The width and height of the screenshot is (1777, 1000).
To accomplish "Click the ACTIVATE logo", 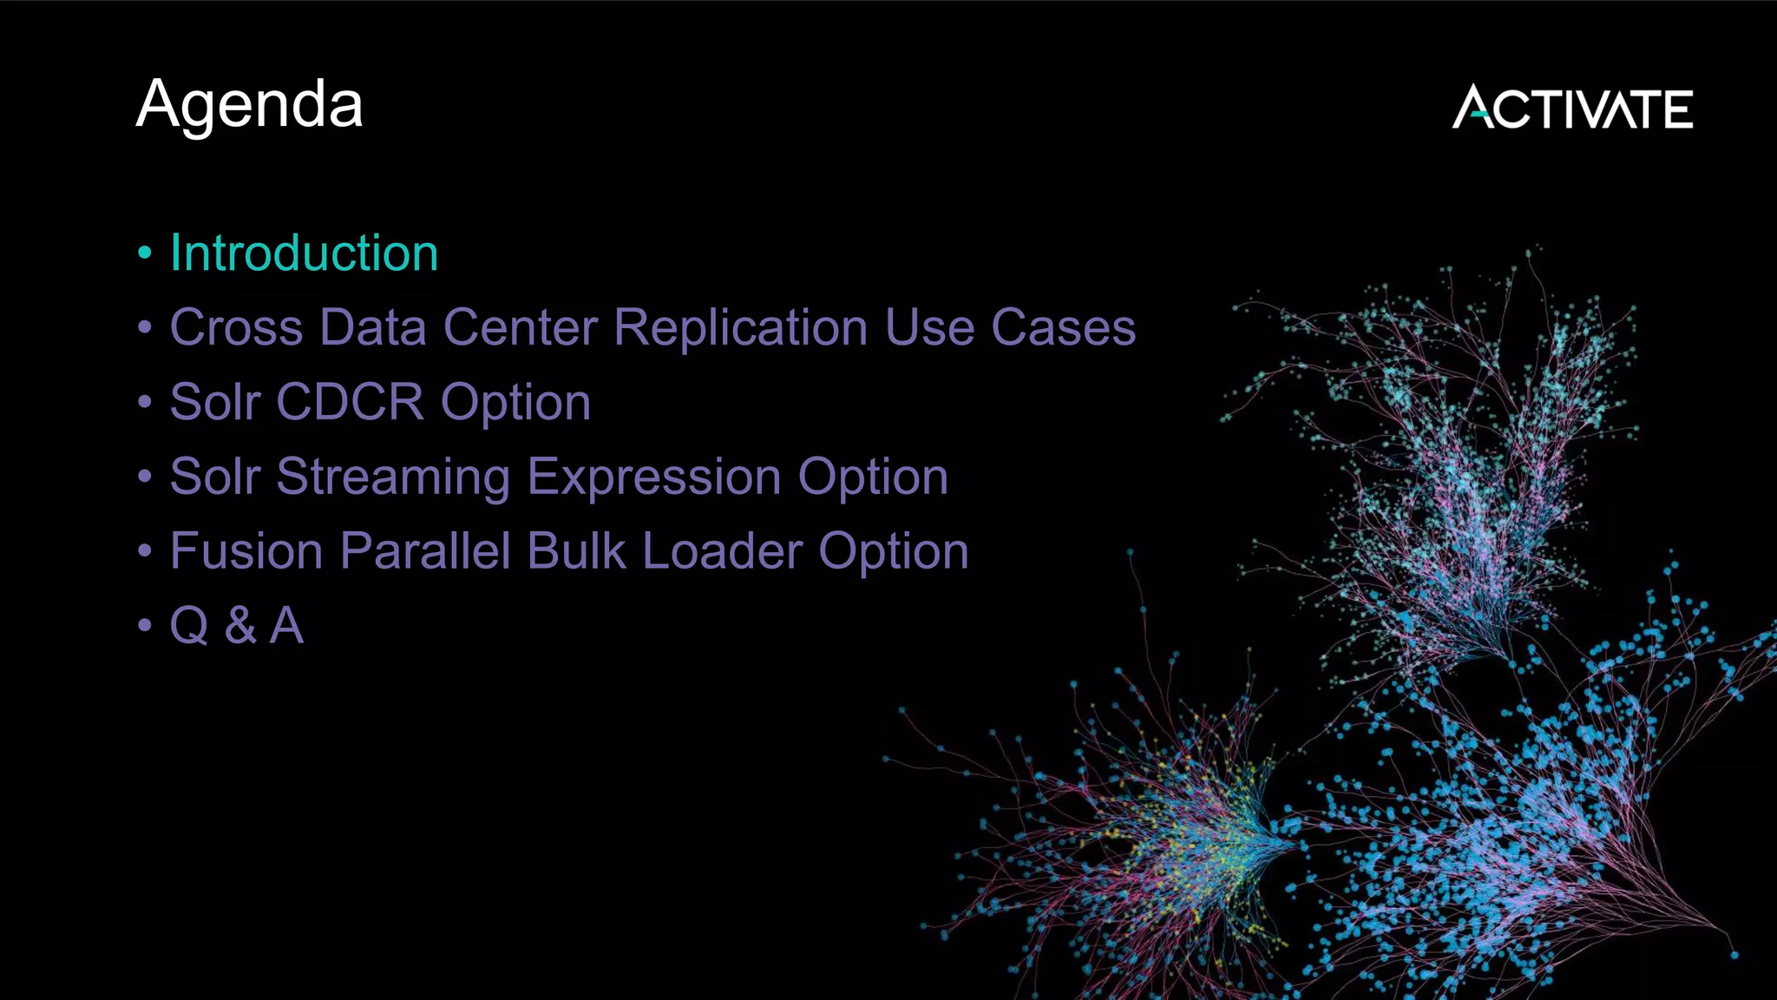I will coord(1572,108).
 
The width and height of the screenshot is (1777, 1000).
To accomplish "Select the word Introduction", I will coord(304,253).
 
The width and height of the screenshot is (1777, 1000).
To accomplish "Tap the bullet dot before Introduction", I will coord(145,253).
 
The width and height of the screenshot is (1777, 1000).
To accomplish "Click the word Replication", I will coord(740,328).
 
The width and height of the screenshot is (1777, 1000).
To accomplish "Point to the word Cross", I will coord(236,328).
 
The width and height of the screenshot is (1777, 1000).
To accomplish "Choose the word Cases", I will coord(1063,328).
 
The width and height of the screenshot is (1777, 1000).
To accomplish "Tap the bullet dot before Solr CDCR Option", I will coord(145,403).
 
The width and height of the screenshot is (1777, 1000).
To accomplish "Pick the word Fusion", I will coord(246,552).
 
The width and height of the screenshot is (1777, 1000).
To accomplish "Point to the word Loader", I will coord(723,552).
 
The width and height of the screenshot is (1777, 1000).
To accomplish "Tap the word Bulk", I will coord(576,552).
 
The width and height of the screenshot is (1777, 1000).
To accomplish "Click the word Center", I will coord(520,328).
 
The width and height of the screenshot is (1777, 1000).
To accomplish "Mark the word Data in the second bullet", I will coord(372,328).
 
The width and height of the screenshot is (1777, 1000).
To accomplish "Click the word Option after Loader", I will coord(894,552).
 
